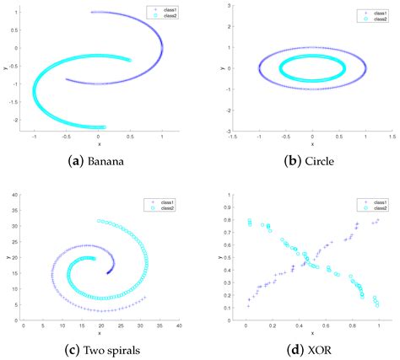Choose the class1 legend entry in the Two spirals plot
[x=159, y=202]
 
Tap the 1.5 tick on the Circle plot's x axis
[x=392, y=137]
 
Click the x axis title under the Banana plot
[x=98, y=144]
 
